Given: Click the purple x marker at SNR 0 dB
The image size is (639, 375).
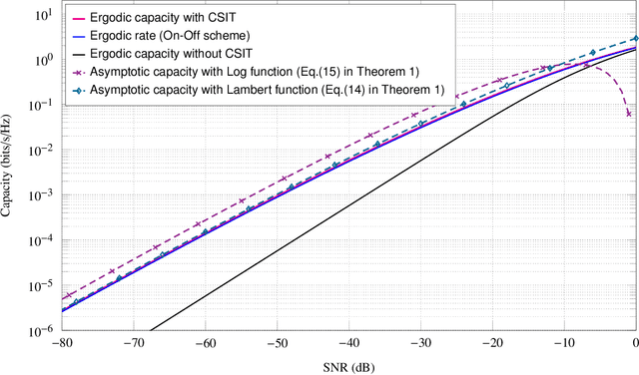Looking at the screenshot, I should point(628,115).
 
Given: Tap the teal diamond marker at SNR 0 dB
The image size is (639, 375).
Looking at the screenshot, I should point(635,39).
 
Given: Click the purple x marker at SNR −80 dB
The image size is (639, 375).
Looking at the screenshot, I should point(66,296).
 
